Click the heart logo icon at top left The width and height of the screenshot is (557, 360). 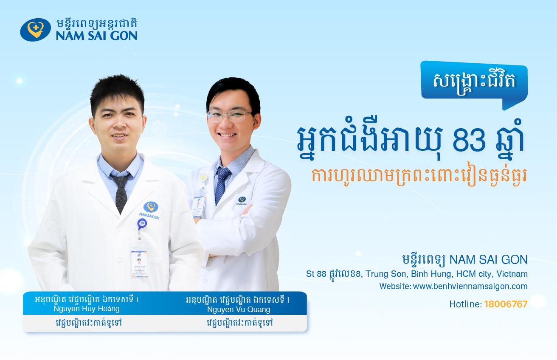coord(35,30)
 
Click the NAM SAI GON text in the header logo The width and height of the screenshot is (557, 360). coord(96,35)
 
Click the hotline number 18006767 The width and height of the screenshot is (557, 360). coord(506,304)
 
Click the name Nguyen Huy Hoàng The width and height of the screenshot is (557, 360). coord(86,309)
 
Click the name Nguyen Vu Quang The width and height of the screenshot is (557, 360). coord(238,309)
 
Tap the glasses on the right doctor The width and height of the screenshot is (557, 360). coord(229,115)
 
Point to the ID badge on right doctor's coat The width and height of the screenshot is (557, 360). coord(198,206)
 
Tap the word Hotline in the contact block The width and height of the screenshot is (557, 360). coord(465,304)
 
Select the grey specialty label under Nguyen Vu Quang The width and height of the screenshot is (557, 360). coord(238,323)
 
